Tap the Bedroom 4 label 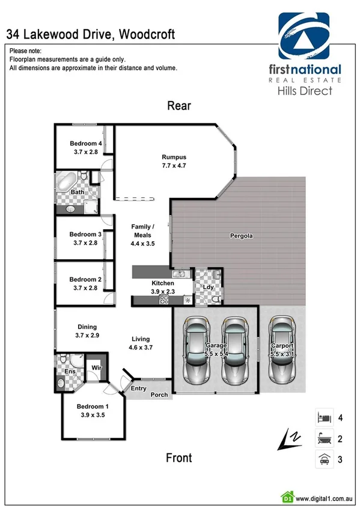click(85, 143)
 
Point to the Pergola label click(242, 236)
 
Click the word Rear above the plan click(179, 106)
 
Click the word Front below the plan click(179, 458)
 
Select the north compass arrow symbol click(287, 440)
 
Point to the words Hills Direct click(304, 91)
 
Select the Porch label click(159, 395)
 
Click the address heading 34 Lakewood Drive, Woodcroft click(91, 35)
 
